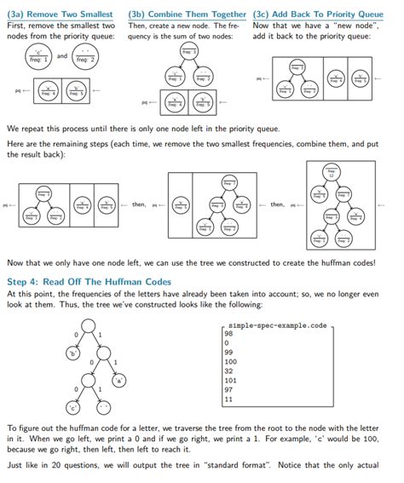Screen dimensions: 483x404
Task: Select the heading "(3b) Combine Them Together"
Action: click(x=187, y=14)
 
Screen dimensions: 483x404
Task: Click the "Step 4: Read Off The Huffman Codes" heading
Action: click(x=89, y=282)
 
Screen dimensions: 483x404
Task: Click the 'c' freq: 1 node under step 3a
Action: click(x=39, y=58)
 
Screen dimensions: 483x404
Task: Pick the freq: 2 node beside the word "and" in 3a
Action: click(x=85, y=58)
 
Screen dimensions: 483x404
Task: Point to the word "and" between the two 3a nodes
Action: click(x=62, y=56)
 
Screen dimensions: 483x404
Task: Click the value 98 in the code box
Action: click(x=229, y=335)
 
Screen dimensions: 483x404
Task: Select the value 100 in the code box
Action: click(x=231, y=362)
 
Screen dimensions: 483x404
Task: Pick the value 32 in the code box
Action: click(x=229, y=371)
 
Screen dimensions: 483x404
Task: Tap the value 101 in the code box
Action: click(x=231, y=381)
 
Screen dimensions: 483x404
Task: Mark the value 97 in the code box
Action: click(x=229, y=389)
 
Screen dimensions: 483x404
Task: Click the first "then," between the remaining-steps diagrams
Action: click(x=138, y=204)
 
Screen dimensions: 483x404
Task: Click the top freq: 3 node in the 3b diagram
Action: click(x=188, y=53)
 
